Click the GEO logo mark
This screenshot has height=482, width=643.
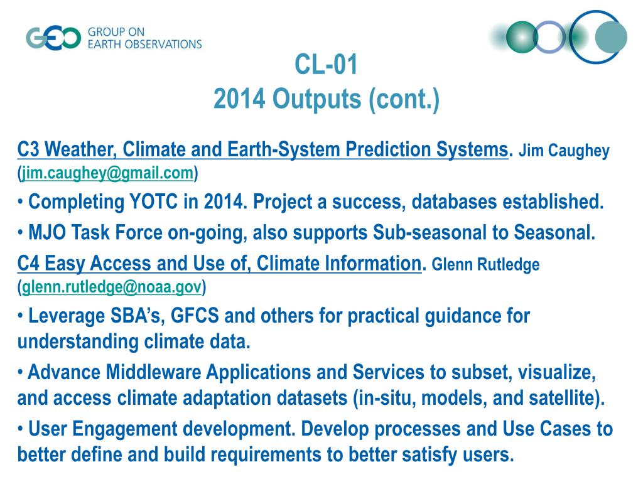click(x=53, y=38)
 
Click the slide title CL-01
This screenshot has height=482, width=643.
click(x=326, y=65)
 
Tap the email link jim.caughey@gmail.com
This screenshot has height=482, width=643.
click(x=107, y=173)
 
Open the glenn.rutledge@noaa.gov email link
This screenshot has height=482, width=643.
click(x=112, y=287)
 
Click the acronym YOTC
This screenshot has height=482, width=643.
click(x=154, y=201)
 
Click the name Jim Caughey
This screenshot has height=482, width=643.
click(x=564, y=151)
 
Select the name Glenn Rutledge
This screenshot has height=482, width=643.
click(x=485, y=264)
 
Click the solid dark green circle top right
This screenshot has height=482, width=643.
click(x=522, y=37)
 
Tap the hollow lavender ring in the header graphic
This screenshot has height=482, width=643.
click(x=550, y=36)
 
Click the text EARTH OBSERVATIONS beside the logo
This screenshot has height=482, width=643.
click(x=145, y=44)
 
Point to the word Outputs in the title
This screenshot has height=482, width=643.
click(x=316, y=99)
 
